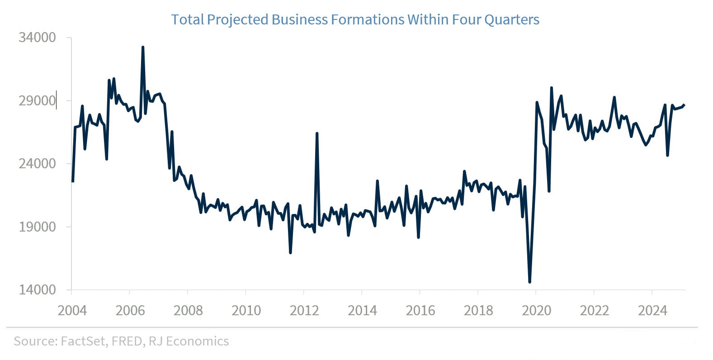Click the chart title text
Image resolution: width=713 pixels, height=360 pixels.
[x=355, y=20]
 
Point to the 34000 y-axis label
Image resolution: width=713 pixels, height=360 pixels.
[x=37, y=38]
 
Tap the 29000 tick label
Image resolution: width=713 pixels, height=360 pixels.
[x=37, y=100]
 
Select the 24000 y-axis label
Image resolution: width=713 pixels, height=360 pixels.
[x=37, y=163]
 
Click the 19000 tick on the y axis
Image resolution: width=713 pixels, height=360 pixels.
[x=37, y=227]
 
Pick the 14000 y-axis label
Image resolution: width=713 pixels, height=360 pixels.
[x=37, y=289]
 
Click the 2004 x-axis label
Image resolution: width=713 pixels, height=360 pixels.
[x=72, y=311]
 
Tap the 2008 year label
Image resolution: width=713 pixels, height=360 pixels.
[x=188, y=311]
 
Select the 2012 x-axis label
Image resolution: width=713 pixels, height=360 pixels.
[x=304, y=311]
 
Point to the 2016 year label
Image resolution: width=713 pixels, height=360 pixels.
[x=420, y=311]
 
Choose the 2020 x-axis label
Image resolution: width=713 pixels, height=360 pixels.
[x=536, y=311]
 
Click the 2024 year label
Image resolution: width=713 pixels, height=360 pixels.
[x=652, y=311]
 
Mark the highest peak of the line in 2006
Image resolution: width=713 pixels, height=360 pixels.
[x=143, y=47]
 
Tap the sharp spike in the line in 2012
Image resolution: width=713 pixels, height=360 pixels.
[x=317, y=133]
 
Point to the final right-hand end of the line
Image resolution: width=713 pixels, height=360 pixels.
[x=685, y=105]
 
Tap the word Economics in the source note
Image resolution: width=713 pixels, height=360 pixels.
[x=197, y=341]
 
